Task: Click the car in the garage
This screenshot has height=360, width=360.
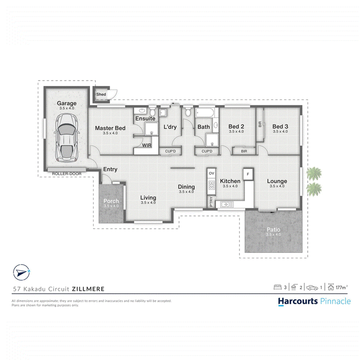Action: pos(67,137)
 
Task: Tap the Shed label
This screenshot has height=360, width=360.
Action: pos(101,94)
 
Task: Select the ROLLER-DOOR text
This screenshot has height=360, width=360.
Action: pos(67,174)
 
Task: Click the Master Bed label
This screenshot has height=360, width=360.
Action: pos(110,128)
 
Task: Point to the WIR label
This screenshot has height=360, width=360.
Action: pos(147,145)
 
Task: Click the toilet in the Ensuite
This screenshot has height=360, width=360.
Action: pos(152,111)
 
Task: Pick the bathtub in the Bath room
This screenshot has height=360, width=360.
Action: pos(205,113)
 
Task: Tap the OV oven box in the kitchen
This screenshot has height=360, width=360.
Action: pos(211,173)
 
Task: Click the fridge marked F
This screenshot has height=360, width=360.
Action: pos(248,174)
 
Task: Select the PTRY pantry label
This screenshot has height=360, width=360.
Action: pos(211,201)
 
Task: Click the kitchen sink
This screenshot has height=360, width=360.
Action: pos(227,204)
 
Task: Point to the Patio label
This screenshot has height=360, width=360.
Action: pos(274,229)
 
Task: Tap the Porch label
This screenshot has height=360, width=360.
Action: pos(111,201)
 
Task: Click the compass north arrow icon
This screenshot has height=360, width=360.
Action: pos(22,273)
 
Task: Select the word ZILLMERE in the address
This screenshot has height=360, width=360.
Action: pos(88,289)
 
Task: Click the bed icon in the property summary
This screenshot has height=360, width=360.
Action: pos(278,287)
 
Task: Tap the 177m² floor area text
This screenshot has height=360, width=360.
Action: pos(342,288)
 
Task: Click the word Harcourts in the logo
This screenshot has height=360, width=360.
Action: pos(298,301)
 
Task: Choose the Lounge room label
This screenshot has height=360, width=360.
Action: pos(277,181)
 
